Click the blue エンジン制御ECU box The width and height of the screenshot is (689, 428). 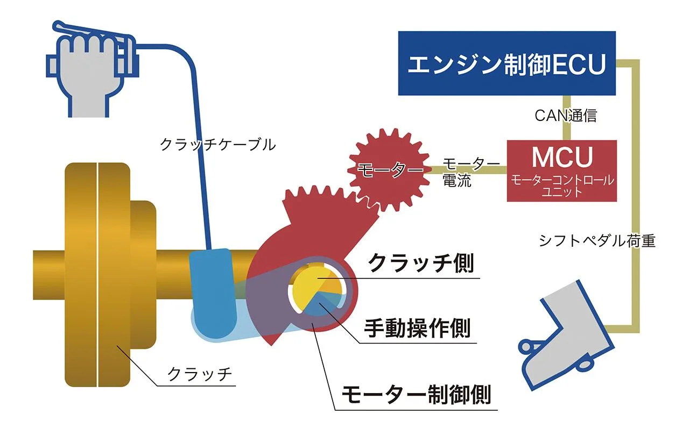click(507, 63)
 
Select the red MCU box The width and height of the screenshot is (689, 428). click(561, 171)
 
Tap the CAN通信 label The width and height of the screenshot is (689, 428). click(566, 116)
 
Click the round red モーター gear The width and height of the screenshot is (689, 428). click(389, 170)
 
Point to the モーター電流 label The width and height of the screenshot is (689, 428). click(470, 172)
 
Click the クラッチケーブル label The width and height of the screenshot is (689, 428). click(218, 145)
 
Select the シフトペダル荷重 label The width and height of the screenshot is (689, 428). click(597, 240)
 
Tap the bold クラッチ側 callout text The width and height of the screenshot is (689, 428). click(421, 263)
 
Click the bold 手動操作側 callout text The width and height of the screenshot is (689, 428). click(417, 328)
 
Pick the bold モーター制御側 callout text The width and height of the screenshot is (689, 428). click(417, 394)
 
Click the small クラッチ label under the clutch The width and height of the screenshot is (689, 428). click(199, 374)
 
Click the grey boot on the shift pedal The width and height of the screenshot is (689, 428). click(566, 335)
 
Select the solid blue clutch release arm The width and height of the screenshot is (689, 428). click(213, 292)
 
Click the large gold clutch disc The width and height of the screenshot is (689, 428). click(97, 274)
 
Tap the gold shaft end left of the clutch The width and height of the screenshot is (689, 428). click(49, 275)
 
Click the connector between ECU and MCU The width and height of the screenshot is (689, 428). click(567, 118)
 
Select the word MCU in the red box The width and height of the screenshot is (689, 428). click(563, 157)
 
